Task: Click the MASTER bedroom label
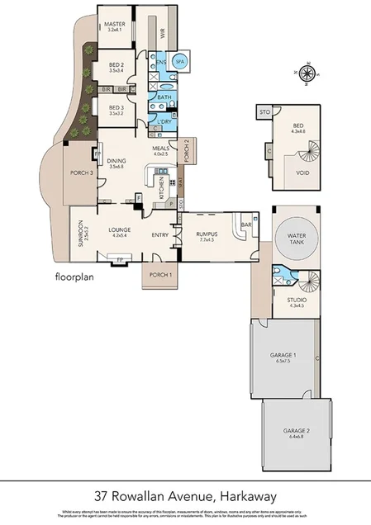114,25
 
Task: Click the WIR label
163,34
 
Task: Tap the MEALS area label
160,149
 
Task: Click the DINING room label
116,162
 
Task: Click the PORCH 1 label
160,274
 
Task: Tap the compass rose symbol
306,75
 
